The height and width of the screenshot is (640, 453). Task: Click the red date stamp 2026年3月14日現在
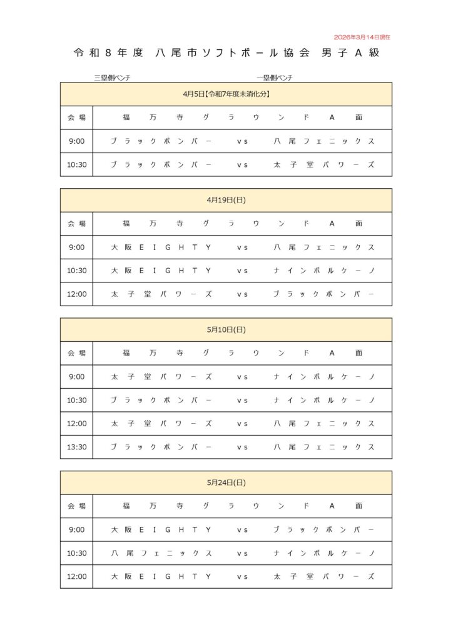coord(362,37)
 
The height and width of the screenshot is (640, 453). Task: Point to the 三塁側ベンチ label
coord(112,78)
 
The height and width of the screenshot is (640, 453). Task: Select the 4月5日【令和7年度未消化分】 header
coord(226,94)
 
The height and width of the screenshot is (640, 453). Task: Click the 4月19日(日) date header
coord(226,201)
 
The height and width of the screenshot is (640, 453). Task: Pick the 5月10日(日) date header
coord(226,330)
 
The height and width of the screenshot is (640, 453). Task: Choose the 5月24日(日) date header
coord(226,483)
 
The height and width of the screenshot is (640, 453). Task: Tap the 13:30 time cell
coord(76,447)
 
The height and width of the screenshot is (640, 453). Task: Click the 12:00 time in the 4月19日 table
coord(76,294)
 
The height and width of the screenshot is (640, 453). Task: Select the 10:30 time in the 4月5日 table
coord(76,165)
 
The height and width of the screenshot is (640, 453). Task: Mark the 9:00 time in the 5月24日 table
coord(76,530)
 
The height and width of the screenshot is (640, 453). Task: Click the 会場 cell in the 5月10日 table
coord(76,353)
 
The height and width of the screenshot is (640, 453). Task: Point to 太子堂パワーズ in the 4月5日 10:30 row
coord(323,165)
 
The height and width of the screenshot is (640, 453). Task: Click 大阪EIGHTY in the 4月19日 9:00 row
coord(161,247)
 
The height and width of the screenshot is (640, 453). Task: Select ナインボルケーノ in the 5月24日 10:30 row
coord(323,554)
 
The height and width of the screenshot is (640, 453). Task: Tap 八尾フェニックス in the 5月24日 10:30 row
coord(161,554)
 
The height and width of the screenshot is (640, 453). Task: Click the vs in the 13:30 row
coord(242,447)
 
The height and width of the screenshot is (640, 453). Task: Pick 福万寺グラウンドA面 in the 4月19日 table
coord(242,224)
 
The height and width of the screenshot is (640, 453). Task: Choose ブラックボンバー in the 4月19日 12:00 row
coord(323,294)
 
